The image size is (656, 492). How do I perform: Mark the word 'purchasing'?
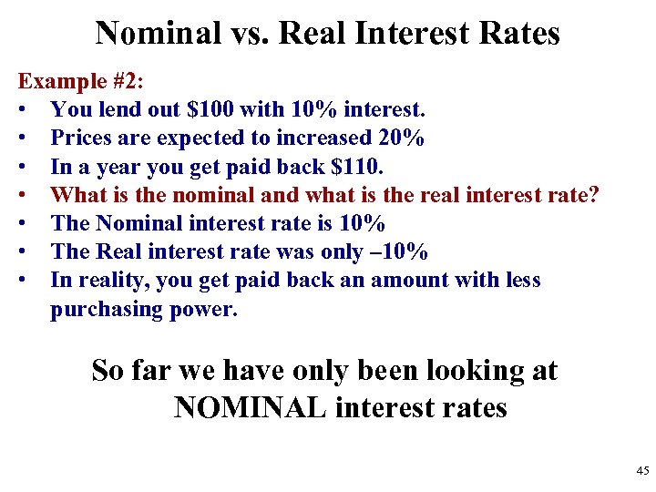(108, 309)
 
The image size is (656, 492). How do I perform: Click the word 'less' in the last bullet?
(520, 279)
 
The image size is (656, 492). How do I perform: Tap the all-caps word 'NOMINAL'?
(250, 406)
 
